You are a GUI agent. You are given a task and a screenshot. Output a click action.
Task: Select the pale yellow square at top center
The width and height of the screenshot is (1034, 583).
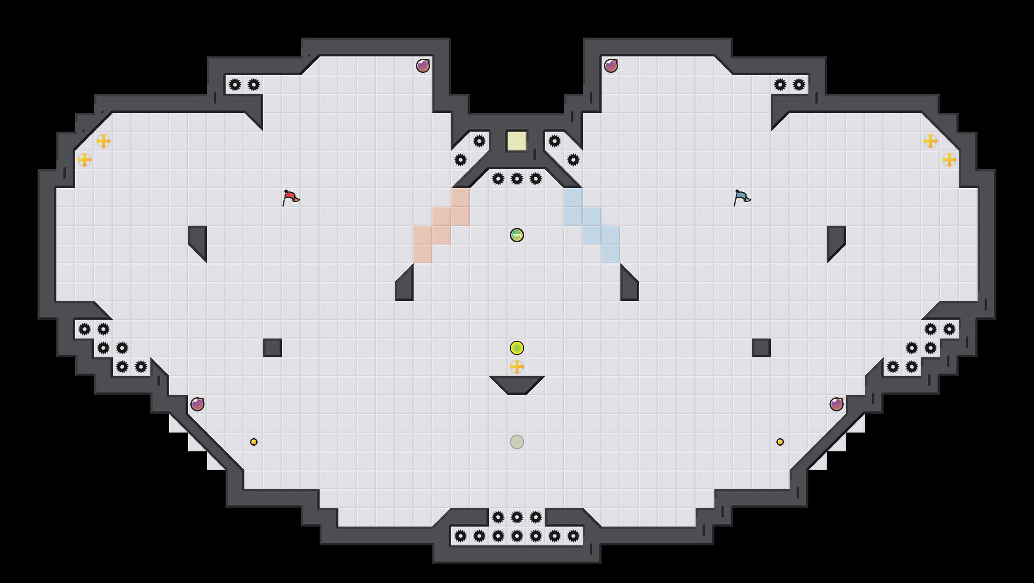click(517, 141)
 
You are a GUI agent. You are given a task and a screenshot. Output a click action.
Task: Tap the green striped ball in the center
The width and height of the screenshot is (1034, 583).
click(517, 235)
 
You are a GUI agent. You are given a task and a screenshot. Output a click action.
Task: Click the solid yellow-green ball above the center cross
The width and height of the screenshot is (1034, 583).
click(517, 347)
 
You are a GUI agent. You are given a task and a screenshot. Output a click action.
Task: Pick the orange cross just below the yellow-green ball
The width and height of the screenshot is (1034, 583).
click(517, 366)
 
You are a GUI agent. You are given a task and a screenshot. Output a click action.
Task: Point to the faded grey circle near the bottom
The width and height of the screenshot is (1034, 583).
click(517, 441)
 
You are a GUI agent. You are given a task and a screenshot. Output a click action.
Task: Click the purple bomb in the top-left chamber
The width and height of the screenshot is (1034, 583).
click(423, 66)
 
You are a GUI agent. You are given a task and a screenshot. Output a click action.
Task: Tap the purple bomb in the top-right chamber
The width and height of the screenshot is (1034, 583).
click(611, 66)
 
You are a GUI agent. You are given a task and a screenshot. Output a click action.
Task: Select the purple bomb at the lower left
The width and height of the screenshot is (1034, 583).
click(197, 404)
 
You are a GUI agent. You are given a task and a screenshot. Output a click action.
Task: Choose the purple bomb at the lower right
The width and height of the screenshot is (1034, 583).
click(836, 404)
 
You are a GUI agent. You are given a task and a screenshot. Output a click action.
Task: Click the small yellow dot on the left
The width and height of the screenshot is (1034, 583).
click(253, 441)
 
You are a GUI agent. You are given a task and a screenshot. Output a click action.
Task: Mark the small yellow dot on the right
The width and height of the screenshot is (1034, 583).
click(780, 441)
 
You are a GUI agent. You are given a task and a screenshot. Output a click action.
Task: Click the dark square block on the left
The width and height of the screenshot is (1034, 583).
click(272, 347)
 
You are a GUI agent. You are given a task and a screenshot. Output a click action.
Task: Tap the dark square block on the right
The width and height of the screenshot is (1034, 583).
click(761, 347)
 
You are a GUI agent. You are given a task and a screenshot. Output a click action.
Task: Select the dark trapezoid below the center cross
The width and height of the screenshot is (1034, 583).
click(517, 384)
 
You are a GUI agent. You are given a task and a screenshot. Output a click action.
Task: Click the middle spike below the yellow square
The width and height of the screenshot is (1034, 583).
click(517, 178)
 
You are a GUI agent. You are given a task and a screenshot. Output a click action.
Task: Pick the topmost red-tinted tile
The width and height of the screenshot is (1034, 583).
click(460, 197)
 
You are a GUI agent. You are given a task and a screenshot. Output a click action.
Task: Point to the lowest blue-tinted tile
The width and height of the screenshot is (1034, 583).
click(611, 253)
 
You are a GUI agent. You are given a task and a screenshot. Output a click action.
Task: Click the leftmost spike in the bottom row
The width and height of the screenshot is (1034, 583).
click(460, 536)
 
